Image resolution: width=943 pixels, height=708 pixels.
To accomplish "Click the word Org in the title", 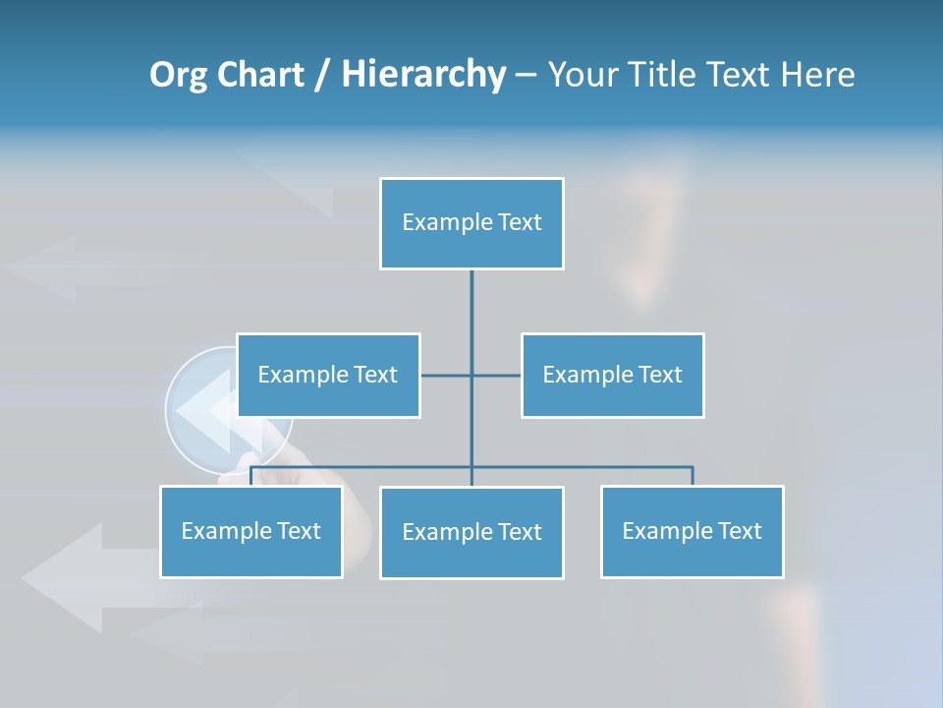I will (x=178, y=75).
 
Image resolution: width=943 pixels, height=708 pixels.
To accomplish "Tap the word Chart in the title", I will (x=259, y=75).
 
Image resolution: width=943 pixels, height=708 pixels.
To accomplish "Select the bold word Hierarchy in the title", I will (x=423, y=75).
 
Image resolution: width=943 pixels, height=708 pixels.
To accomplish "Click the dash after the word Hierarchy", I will (x=525, y=75).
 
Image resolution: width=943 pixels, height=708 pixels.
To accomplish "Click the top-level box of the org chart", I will (x=471, y=223).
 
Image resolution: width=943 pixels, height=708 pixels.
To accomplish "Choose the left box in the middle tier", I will (x=328, y=375).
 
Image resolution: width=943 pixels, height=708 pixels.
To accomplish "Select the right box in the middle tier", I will (x=613, y=375).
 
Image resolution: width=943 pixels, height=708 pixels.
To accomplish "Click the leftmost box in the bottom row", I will (x=251, y=531).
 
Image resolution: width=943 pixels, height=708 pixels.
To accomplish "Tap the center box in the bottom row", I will (x=471, y=532).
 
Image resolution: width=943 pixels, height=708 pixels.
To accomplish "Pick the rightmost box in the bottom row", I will (x=693, y=531).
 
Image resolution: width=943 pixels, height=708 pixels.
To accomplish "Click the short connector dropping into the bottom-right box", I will (x=693, y=476).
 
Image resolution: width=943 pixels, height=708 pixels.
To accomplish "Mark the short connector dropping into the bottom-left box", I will (x=251, y=476).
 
